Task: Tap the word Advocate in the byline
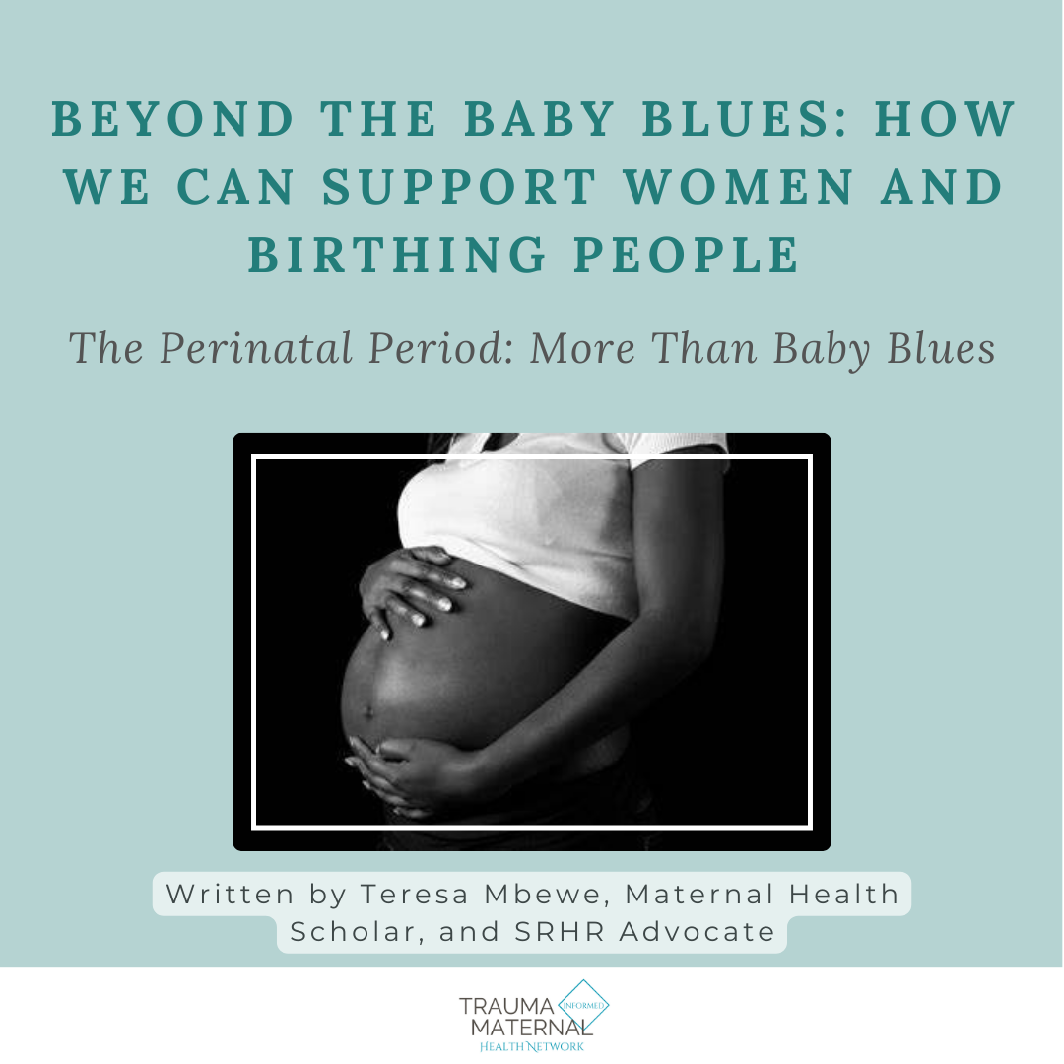point(698,932)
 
